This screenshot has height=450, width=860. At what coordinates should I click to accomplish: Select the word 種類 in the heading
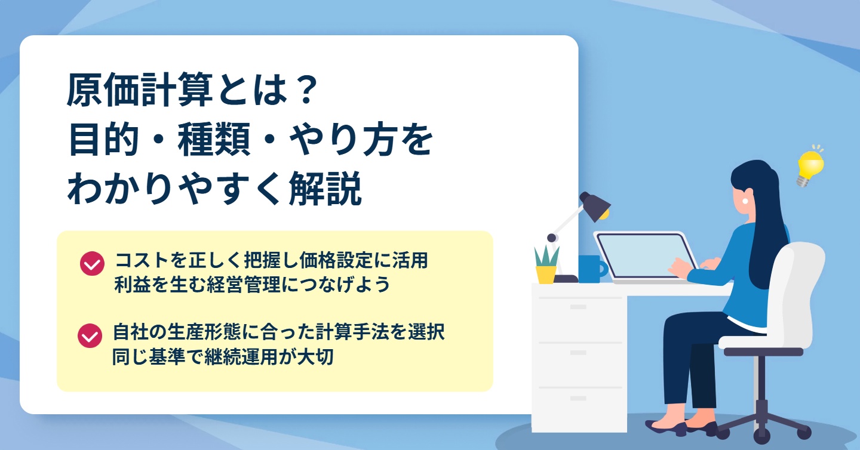click(x=213, y=140)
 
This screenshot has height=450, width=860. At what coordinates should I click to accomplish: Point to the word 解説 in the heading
click(x=325, y=189)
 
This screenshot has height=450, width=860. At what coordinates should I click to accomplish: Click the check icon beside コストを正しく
click(x=92, y=264)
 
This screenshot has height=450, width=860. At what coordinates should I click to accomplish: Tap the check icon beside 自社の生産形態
click(x=90, y=335)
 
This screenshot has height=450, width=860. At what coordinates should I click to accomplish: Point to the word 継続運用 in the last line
click(x=241, y=357)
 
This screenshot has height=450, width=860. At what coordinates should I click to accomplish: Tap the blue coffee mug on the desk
click(x=593, y=269)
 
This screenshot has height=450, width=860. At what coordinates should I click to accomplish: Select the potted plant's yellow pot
click(x=546, y=275)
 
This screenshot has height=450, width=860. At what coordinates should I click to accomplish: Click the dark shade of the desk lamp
click(x=594, y=206)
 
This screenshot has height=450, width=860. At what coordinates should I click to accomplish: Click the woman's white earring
click(x=745, y=201)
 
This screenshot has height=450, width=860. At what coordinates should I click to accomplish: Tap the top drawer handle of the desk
click(x=578, y=307)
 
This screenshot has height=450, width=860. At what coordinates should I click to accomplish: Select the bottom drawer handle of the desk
click(x=578, y=399)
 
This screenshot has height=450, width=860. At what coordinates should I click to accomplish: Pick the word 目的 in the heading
click(x=104, y=140)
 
